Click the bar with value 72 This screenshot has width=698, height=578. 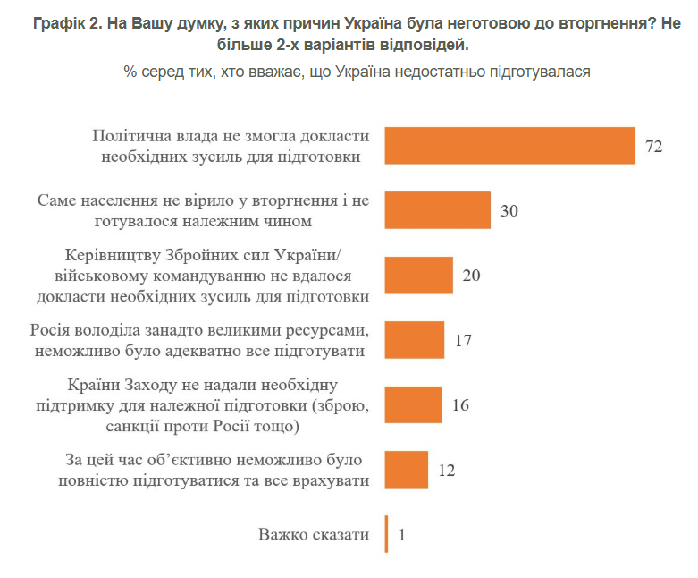tap(509, 146)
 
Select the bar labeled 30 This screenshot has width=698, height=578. tap(438, 210)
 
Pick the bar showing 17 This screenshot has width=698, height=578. tap(415, 340)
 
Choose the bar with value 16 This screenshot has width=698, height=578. tap(413, 404)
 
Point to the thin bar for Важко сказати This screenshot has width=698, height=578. tap(386, 535)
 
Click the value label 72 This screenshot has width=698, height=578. tap(653, 147)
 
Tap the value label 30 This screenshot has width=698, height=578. tap(509, 211)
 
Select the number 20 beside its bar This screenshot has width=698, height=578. tap(472, 276)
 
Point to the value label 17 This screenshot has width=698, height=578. tap(463, 341)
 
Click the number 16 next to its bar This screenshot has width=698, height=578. tap(460, 405)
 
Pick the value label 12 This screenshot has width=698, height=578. tap(447, 471)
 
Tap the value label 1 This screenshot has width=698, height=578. tap(402, 536)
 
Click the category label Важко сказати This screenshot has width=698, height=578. tap(314, 535)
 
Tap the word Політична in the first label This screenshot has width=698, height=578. tap(131, 136)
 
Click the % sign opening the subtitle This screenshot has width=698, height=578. tap(130, 72)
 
